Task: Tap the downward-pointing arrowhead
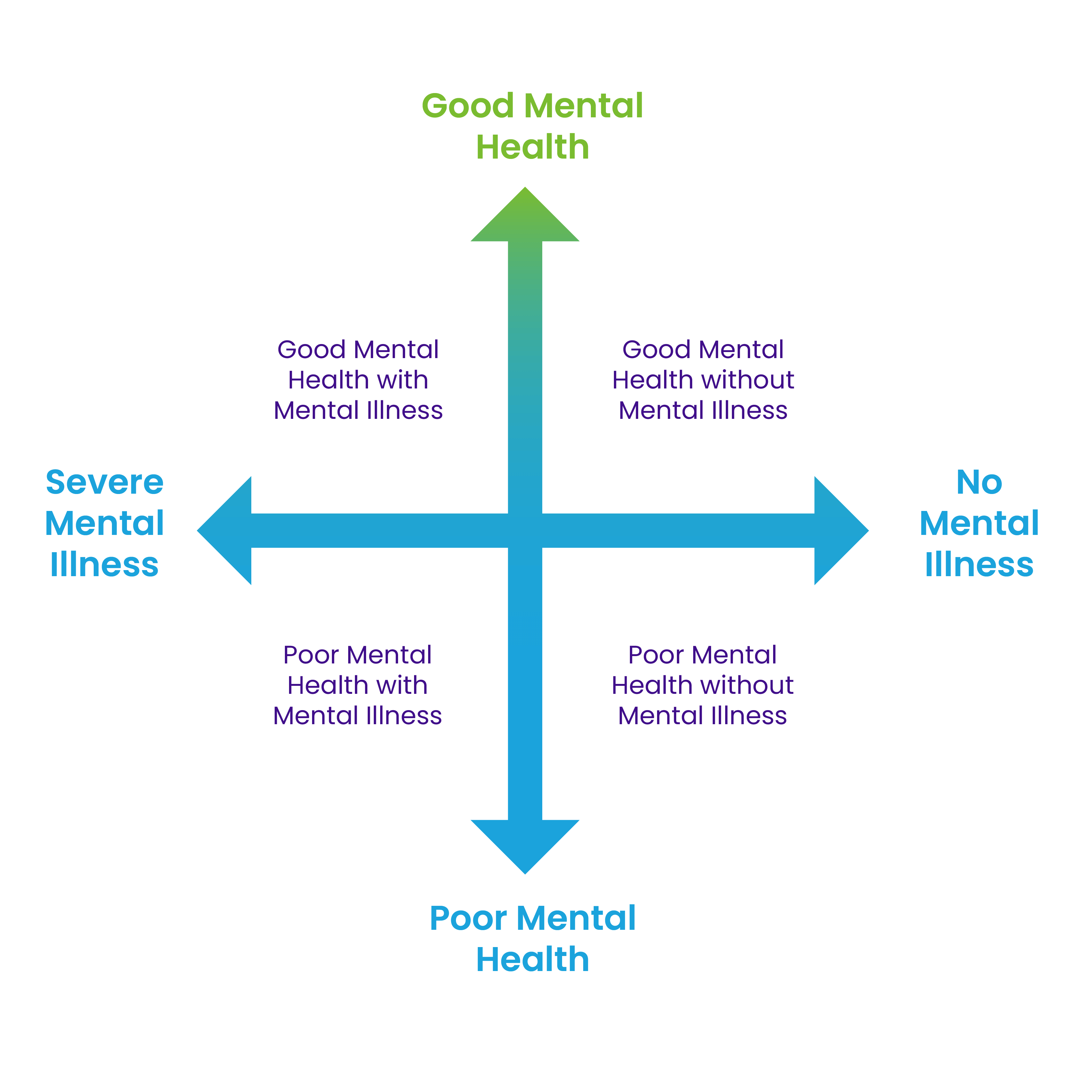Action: pos(525,842)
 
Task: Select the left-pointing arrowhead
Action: pos(229,530)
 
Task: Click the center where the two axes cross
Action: pos(525,530)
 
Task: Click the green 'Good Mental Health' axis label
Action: pos(532,126)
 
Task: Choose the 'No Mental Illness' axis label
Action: pos(979,523)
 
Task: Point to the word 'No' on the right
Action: pos(979,482)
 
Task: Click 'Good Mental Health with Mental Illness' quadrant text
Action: pos(358,380)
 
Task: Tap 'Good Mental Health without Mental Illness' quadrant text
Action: pos(703,380)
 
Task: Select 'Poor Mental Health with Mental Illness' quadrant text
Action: pos(357,685)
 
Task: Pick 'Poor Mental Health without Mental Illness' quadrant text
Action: pos(702,685)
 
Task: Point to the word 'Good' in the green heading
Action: pos(468,106)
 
